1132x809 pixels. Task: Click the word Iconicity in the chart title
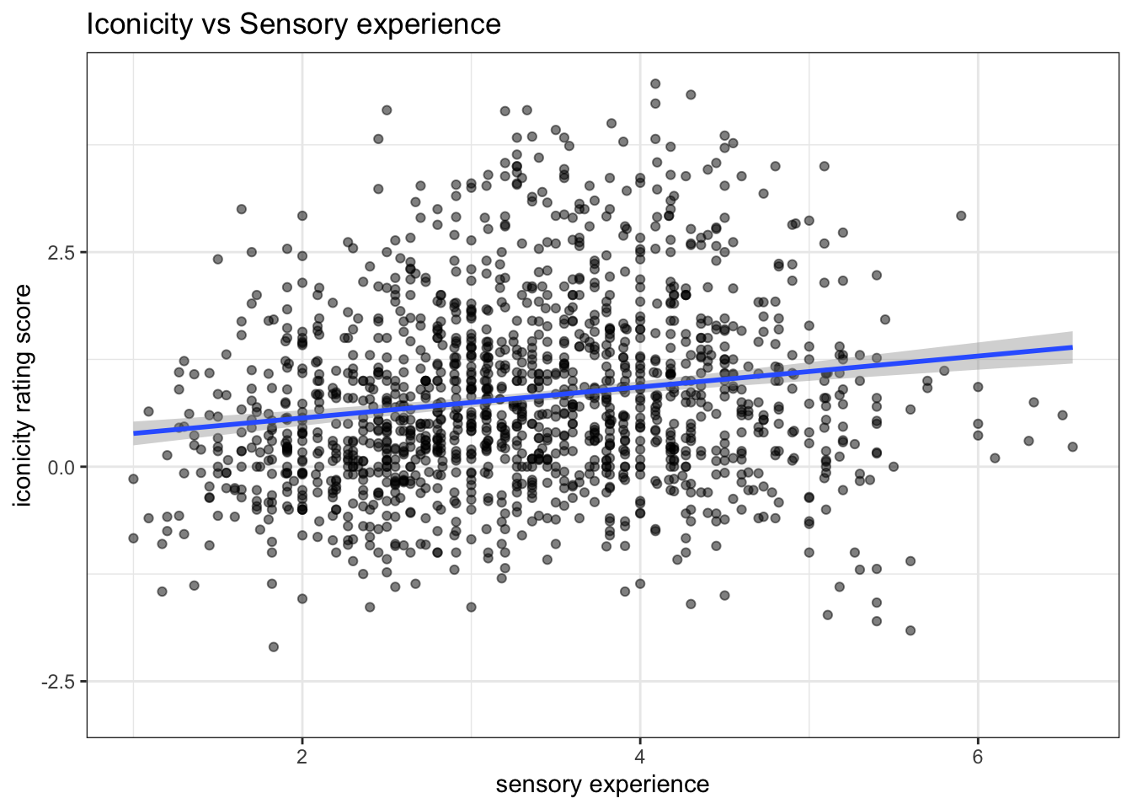[140, 24]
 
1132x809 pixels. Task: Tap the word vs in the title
[216, 24]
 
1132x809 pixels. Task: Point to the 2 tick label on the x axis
[302, 757]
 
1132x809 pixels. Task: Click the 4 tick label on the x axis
[640, 757]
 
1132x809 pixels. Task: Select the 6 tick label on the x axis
[978, 757]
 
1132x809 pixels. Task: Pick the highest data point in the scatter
[655, 83]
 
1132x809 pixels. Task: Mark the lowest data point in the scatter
[273, 646]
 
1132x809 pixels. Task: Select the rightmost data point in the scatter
[1072, 447]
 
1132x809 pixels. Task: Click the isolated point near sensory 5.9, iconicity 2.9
[961, 216]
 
